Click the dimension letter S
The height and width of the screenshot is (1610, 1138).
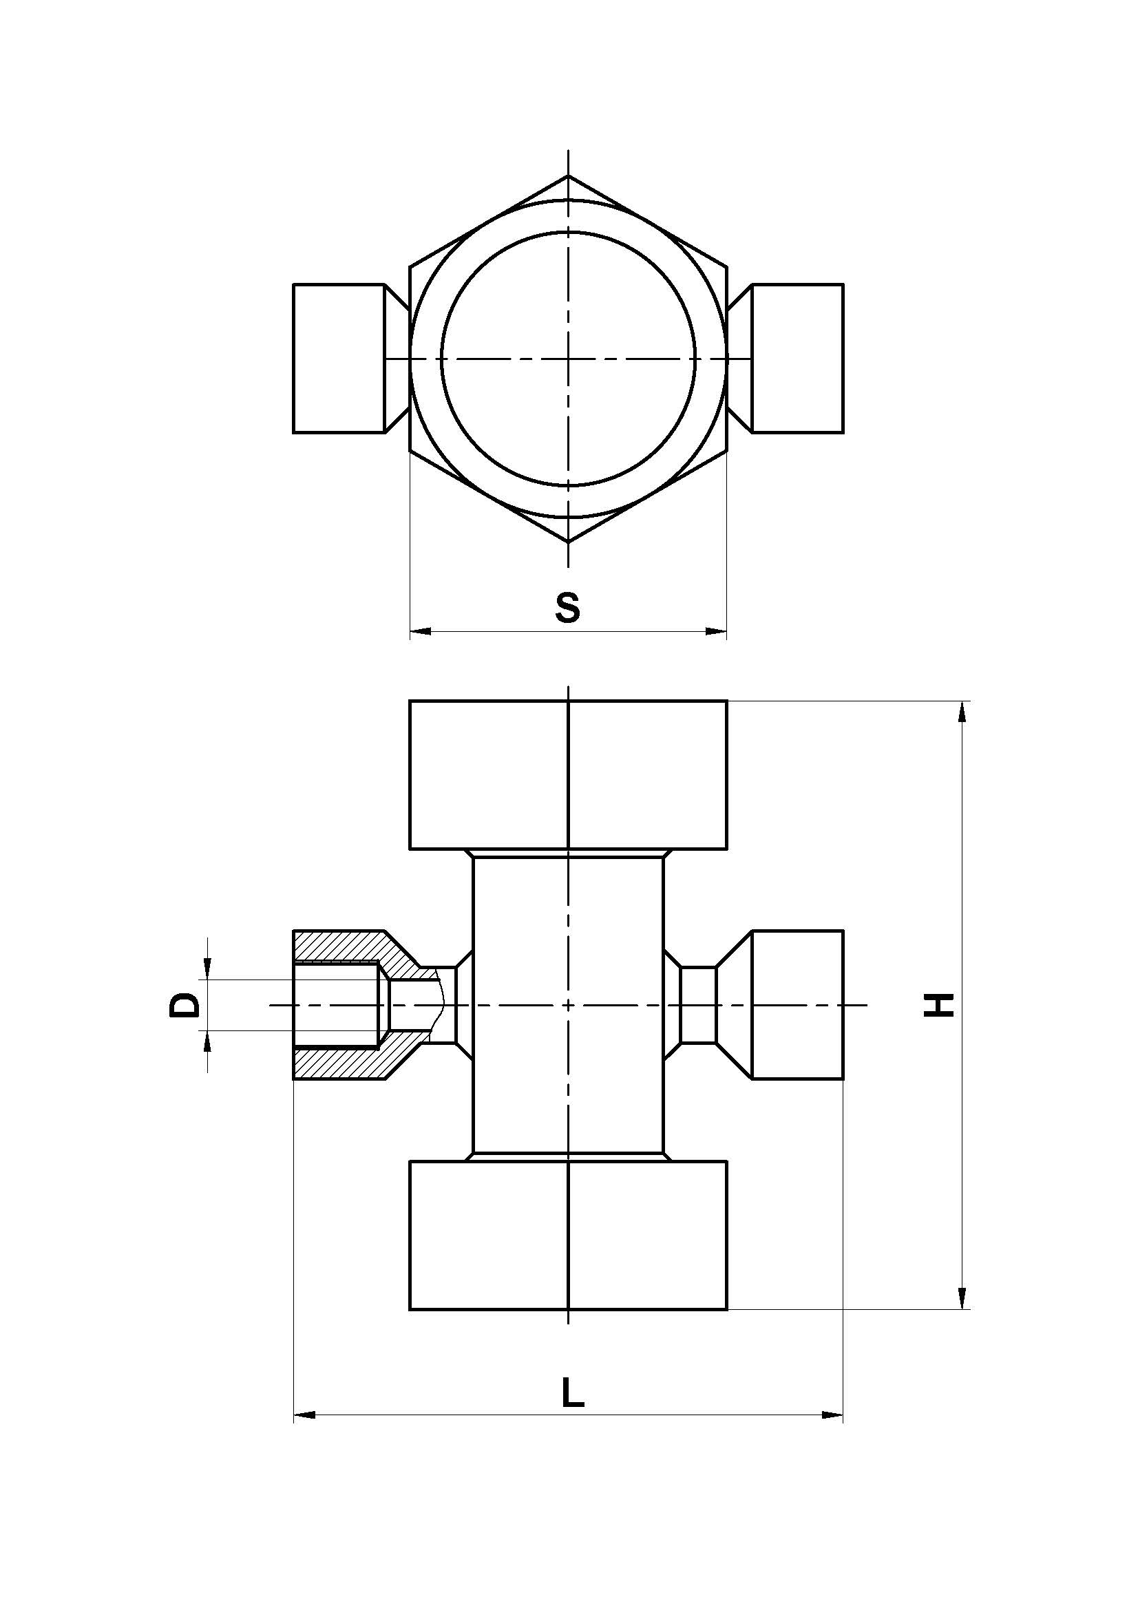point(567,607)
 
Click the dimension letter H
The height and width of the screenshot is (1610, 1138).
point(939,1005)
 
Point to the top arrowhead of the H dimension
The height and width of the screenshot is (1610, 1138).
point(962,711)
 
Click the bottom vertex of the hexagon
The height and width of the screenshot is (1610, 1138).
point(568,541)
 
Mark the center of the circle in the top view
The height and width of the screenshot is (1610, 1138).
point(568,359)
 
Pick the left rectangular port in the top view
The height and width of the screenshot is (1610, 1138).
point(339,359)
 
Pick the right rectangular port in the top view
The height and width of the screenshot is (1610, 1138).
point(797,359)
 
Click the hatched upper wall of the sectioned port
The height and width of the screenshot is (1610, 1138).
point(337,946)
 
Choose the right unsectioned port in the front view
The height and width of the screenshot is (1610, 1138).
point(797,1004)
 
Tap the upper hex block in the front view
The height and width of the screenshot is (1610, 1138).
point(568,774)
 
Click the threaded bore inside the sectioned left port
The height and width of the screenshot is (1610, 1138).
point(337,1006)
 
